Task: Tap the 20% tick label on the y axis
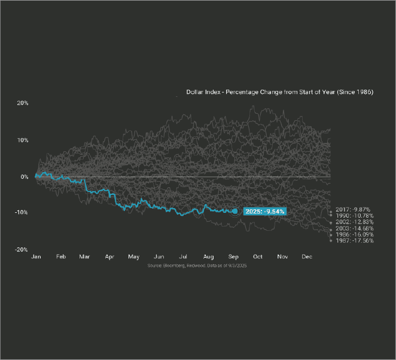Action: (x=23, y=103)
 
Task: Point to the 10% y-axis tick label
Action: (x=23, y=140)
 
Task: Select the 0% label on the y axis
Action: (x=25, y=177)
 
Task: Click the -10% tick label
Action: (x=22, y=213)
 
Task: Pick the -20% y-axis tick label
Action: (x=22, y=249)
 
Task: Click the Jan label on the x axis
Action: (x=36, y=257)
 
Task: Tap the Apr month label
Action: (x=109, y=257)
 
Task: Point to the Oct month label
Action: (x=258, y=257)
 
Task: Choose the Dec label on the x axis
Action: (x=307, y=257)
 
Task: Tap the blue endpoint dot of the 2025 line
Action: (x=235, y=211)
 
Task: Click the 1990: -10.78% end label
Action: (x=355, y=216)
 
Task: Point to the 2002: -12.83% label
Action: (x=355, y=222)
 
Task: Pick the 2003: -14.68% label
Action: (x=355, y=228)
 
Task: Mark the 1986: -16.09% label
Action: (x=355, y=235)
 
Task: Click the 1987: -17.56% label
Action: (x=355, y=241)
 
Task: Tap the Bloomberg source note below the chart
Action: (x=197, y=264)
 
